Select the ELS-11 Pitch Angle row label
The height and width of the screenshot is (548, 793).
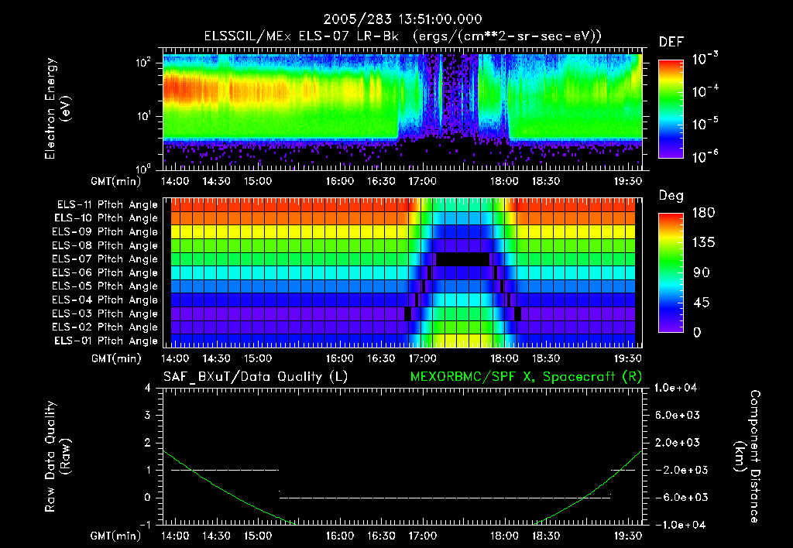[105, 204]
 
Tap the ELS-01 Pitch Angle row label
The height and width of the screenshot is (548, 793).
[105, 341]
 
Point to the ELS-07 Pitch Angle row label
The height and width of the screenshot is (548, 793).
[105, 259]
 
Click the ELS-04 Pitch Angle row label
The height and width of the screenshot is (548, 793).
[105, 300]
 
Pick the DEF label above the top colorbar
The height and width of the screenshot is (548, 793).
[671, 42]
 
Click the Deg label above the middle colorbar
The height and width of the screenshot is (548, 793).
[670, 196]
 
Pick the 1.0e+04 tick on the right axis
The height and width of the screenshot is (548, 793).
[679, 388]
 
